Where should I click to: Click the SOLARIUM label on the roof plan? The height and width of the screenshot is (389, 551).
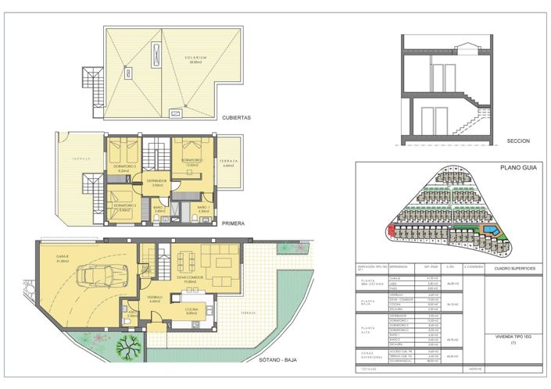(179, 57)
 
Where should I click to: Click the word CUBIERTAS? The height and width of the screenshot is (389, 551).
(235, 118)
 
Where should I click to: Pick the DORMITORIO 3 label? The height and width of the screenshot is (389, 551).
(125, 166)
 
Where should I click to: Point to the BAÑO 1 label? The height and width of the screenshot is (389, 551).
(204, 207)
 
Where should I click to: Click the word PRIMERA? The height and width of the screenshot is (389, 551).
(233, 223)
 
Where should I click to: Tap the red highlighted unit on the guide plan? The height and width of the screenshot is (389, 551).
(391, 229)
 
